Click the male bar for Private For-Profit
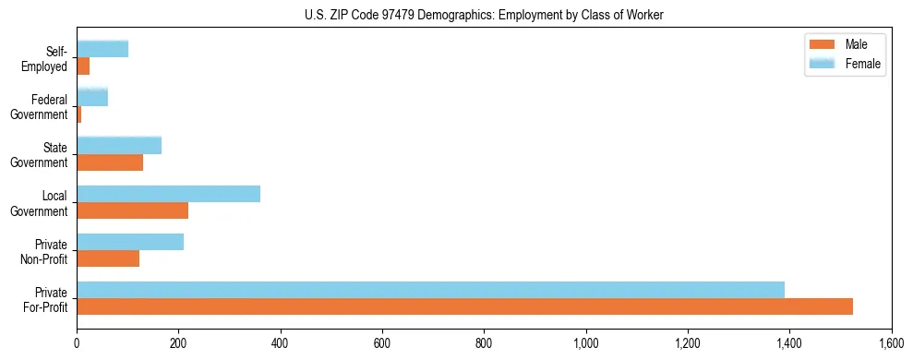pos(464,306)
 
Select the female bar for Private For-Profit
pos(430,290)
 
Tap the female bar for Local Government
pos(168,194)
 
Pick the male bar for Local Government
pos(132,210)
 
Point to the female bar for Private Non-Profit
pos(130,242)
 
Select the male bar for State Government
pos(110,162)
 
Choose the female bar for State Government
pos(119,146)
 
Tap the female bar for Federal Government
pos(92,97)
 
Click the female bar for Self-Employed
pos(102,49)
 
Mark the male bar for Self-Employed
pos(83,66)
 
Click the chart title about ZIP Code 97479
pos(484,15)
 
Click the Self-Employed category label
pos(50,58)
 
